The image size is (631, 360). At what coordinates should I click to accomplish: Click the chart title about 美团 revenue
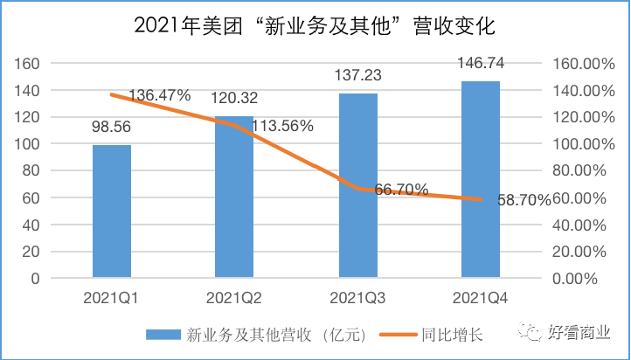tap(315, 26)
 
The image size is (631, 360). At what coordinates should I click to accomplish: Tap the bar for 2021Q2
tap(234, 197)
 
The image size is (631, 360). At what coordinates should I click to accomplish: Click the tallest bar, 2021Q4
tap(481, 179)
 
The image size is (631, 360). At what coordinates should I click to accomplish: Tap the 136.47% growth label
tap(159, 95)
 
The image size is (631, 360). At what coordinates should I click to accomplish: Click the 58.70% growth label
tap(519, 200)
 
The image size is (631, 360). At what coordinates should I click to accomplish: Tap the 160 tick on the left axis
tap(30, 64)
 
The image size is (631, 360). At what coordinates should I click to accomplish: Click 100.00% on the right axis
tap(577, 144)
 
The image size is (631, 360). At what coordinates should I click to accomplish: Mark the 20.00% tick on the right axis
tap(579, 252)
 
